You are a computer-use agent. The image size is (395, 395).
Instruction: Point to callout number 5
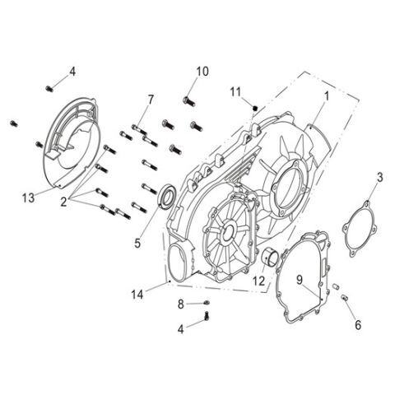coord(137,244)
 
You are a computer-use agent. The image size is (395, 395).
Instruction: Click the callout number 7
coord(151,100)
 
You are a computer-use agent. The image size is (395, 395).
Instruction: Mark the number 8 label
coord(179,304)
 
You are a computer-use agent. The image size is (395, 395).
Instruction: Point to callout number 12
coord(259,281)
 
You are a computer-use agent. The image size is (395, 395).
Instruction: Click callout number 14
coord(137,292)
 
